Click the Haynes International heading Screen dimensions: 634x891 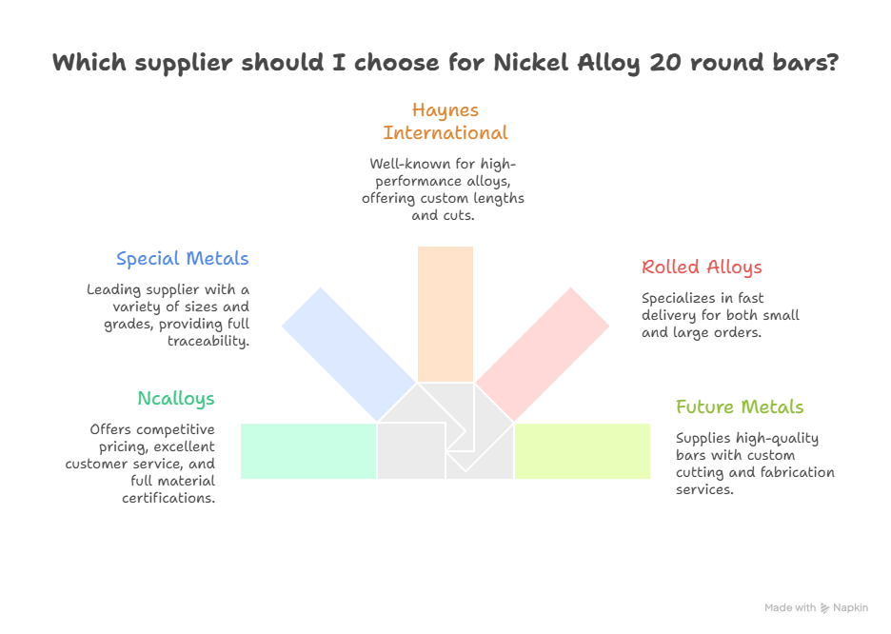(x=445, y=121)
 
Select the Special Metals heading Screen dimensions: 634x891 (x=183, y=259)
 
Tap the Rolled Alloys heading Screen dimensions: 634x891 (x=702, y=267)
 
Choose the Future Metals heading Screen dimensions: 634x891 (x=740, y=407)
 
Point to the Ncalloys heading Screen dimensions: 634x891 (x=176, y=398)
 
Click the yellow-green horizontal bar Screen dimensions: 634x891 (x=583, y=450)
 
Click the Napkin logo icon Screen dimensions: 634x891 (x=824, y=607)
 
